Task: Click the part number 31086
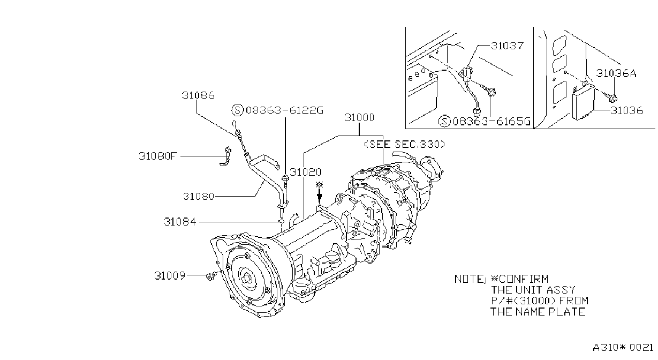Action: [x=198, y=95]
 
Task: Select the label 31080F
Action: [x=158, y=156]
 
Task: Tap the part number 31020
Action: [x=306, y=172]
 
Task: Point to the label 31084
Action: [x=180, y=222]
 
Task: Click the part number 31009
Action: [x=170, y=276]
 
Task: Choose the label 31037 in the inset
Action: [x=508, y=46]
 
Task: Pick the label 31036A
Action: [x=616, y=73]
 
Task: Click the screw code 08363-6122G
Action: [x=284, y=110]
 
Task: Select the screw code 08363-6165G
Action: [x=491, y=121]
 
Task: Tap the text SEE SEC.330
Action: [x=405, y=144]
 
